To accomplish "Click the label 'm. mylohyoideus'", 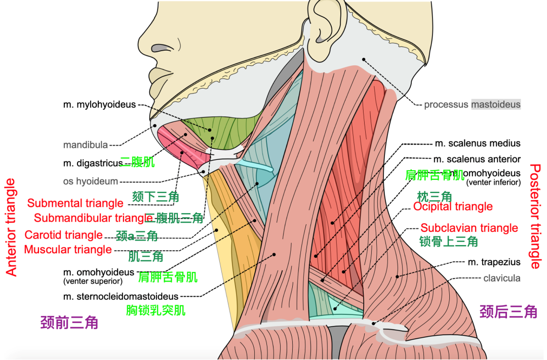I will [99, 105].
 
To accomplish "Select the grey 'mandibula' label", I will [85, 145].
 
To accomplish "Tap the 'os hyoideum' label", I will [90, 181].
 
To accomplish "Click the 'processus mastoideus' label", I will [472, 105].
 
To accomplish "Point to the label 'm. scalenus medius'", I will [477, 143].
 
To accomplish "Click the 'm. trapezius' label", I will [494, 262].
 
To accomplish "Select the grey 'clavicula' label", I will [501, 278].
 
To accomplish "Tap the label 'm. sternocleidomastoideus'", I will [121, 296].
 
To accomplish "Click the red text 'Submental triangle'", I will [75, 204].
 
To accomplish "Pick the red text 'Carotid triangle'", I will [63, 235].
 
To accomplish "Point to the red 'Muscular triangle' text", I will [67, 250].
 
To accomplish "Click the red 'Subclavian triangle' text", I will [469, 228].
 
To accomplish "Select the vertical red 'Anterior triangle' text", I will [11, 227].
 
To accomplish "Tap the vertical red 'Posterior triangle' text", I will [535, 216].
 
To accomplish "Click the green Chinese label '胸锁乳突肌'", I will [155, 310].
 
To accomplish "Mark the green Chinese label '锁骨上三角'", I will [448, 242].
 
